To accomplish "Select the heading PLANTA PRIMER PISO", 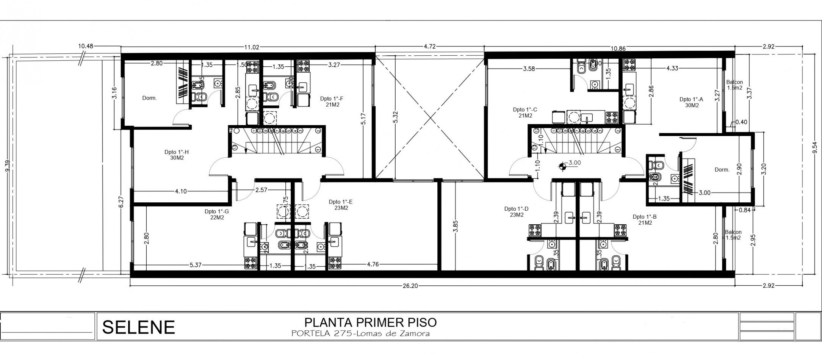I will pyautogui.click(x=370, y=322).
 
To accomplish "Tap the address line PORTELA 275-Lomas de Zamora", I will pyautogui.click(x=360, y=334).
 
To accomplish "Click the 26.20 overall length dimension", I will pyautogui.click(x=410, y=286).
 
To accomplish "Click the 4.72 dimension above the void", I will pyautogui.click(x=429, y=47).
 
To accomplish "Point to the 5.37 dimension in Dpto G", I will pyautogui.click(x=196, y=265).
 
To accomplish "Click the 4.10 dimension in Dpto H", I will pyautogui.click(x=181, y=191).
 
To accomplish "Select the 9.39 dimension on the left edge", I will pyautogui.click(x=6, y=166).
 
